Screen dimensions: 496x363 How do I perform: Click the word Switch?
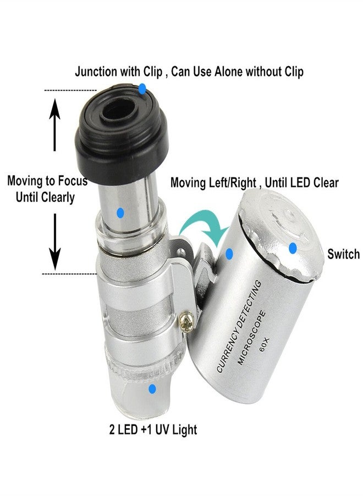[x=343, y=254]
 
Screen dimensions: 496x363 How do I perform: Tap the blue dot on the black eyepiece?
[x=142, y=88]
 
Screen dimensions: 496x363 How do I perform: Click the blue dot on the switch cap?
[x=293, y=249]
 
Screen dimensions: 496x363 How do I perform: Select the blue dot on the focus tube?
[x=120, y=211]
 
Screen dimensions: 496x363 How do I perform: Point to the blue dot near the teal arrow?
[x=229, y=254]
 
